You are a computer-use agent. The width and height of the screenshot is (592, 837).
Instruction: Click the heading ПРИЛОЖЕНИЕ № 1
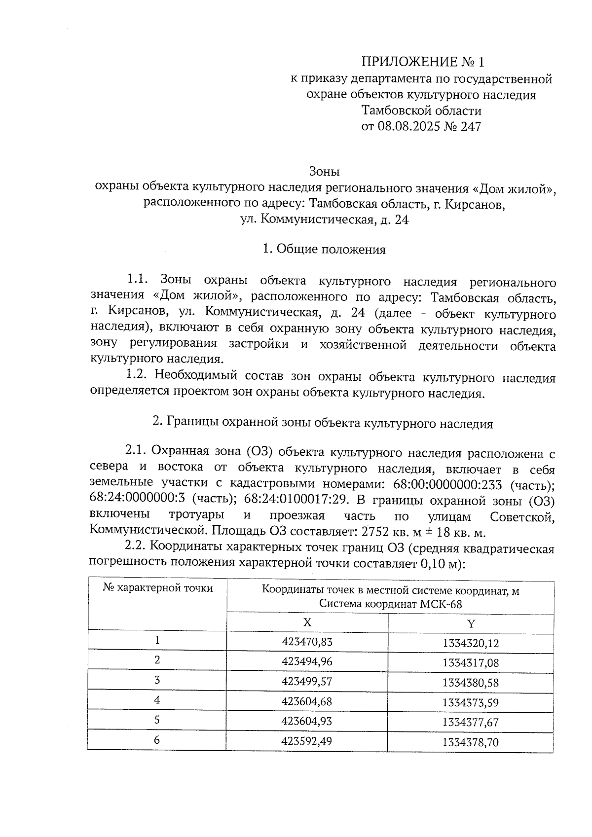coord(423,62)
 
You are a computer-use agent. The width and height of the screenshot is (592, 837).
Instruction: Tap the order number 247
coord(471,127)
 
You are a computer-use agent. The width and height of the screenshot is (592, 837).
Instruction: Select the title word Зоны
coord(324,172)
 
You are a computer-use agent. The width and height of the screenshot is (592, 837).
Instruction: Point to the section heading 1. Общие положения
coord(324,250)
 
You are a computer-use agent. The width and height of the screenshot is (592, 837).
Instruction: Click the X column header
coord(307,622)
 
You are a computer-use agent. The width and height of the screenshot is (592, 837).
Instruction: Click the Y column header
coord(471,624)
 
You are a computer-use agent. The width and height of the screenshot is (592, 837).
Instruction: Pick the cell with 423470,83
coord(307,642)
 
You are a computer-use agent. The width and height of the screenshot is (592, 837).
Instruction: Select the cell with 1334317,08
coord(471,663)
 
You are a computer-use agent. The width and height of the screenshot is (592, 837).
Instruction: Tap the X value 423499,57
coord(307,681)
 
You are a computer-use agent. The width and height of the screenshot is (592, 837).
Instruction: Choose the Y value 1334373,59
coord(471,702)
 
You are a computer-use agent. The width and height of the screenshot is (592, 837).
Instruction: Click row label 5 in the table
coord(157,720)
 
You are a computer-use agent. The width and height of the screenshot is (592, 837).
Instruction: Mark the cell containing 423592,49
coord(307,741)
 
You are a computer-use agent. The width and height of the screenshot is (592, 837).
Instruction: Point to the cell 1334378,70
coord(471,742)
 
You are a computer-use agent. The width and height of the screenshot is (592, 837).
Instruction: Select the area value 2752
coord(375,533)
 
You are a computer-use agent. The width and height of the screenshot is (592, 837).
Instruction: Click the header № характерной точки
coord(158,588)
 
